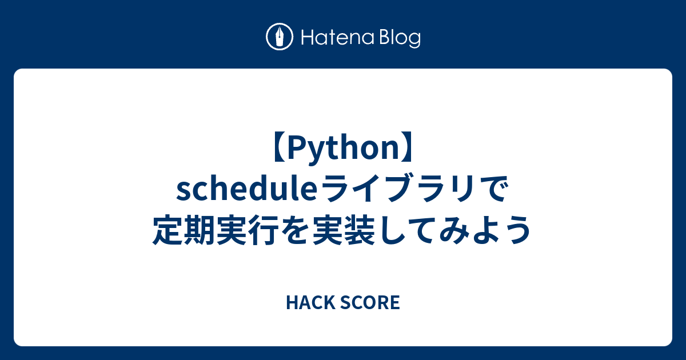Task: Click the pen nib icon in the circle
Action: pos(280,38)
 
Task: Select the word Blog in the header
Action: pos(398,39)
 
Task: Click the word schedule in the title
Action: pos(244,191)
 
